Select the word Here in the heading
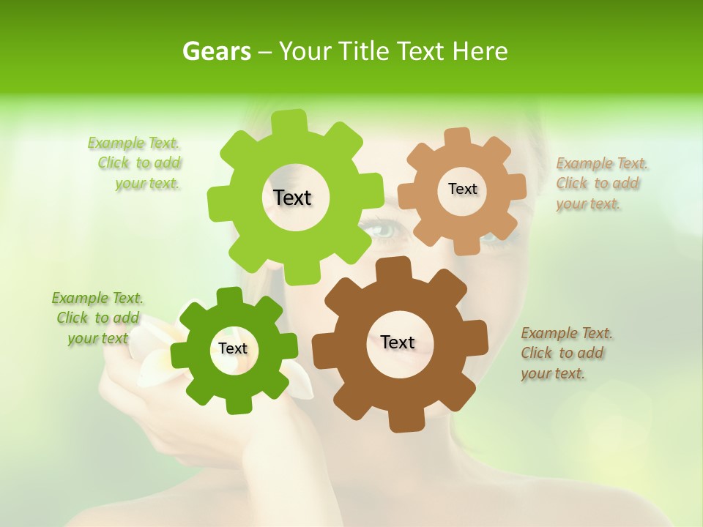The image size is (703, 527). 480,51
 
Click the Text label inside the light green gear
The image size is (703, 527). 292,198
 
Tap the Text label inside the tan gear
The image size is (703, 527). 462,189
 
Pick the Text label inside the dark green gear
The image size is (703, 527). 233,348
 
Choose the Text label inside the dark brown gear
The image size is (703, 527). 398,342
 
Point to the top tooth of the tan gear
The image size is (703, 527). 458,138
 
